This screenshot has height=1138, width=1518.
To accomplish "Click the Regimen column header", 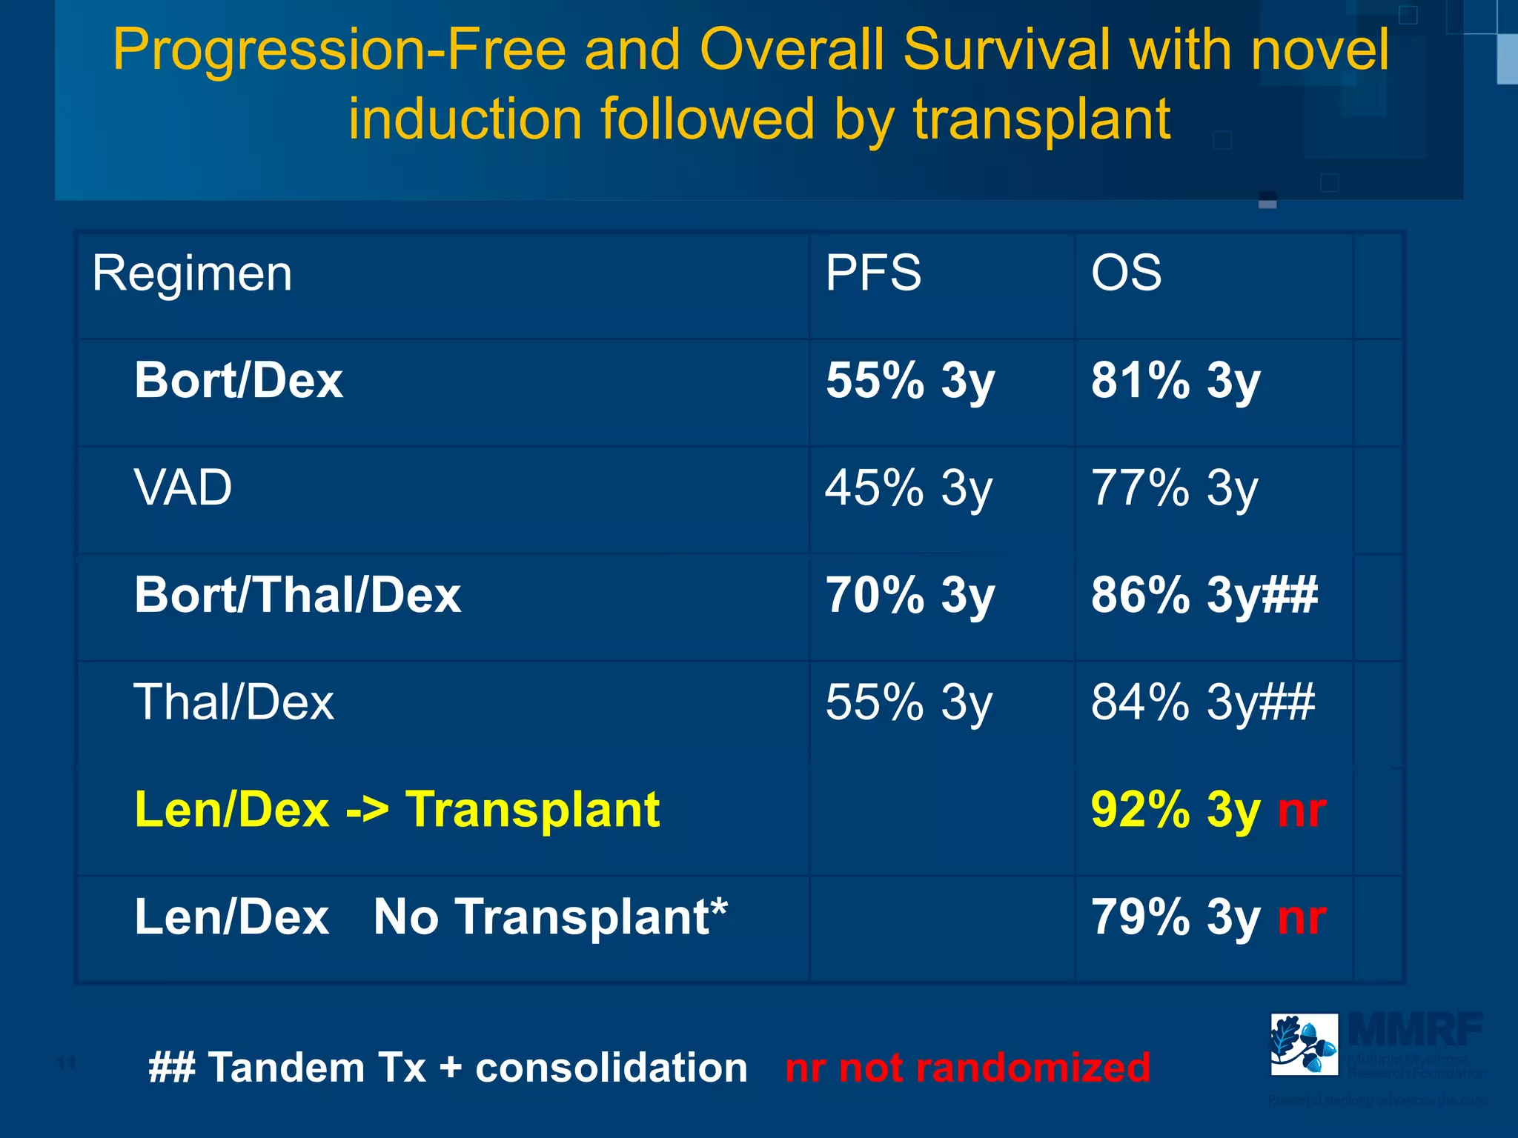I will [192, 274].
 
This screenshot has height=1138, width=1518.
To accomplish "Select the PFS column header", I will [873, 273].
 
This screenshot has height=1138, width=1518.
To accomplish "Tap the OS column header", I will [1126, 273].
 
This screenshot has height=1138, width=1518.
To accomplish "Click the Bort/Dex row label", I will [239, 381].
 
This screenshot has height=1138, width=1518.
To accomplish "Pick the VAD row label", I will [183, 488].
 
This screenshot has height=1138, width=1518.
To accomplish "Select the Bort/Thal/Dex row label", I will [297, 596].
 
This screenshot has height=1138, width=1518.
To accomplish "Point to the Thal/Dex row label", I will [233, 702].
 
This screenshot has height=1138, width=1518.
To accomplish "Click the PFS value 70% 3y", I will [909, 596].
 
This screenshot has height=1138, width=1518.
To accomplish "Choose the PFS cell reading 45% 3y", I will [908, 488].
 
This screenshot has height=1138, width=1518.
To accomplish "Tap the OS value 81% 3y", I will [1175, 381].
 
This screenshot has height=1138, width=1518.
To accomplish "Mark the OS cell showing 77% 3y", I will [1174, 488].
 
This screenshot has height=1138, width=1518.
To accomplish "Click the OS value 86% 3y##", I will [1204, 596].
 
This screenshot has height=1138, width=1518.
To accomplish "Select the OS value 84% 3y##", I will [1202, 702].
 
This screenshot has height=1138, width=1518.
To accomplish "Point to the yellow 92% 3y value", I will [1175, 810].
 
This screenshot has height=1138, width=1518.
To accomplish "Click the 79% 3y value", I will [1175, 917].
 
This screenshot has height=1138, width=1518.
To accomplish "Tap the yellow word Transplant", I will [532, 810].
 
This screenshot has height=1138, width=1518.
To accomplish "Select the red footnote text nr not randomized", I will [967, 1068].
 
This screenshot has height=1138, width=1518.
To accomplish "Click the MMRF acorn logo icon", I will [1304, 1044].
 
